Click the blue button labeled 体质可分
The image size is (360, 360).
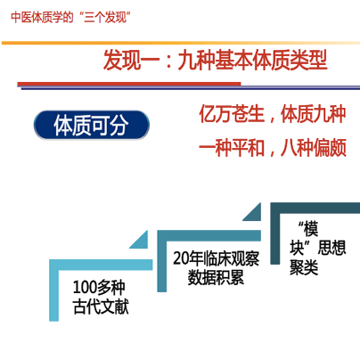(92, 125)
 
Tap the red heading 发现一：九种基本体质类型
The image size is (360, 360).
(215, 61)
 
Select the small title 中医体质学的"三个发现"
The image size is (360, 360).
(70, 17)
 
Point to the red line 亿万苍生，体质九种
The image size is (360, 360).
(273, 114)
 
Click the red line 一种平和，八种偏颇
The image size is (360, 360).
(273, 148)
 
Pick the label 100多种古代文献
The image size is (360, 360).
(101, 297)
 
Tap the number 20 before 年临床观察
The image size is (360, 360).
(181, 258)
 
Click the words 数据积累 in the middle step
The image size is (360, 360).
(216, 277)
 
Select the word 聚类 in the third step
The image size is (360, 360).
(304, 267)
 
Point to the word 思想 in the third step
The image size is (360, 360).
(331, 248)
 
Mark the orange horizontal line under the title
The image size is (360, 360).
(181, 43)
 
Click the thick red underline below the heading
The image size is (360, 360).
(129, 84)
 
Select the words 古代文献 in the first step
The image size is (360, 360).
(101, 307)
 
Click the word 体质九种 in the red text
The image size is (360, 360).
(314, 114)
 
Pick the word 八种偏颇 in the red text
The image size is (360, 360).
(314, 148)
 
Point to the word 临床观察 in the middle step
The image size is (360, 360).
(231, 258)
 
